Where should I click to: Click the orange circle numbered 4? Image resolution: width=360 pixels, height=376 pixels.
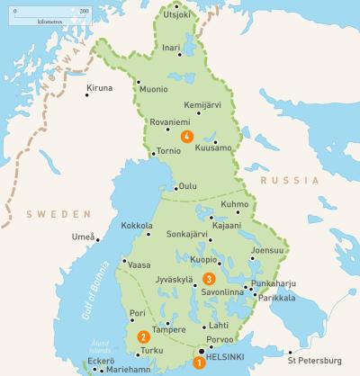click(186, 137)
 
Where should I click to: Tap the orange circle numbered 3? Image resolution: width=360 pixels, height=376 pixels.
click(209, 279)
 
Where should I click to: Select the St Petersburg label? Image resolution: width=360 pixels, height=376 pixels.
click(310, 363)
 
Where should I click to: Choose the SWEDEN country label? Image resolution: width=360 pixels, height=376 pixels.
click(58, 214)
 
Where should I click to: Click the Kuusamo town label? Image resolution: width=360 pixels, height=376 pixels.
click(213, 146)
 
